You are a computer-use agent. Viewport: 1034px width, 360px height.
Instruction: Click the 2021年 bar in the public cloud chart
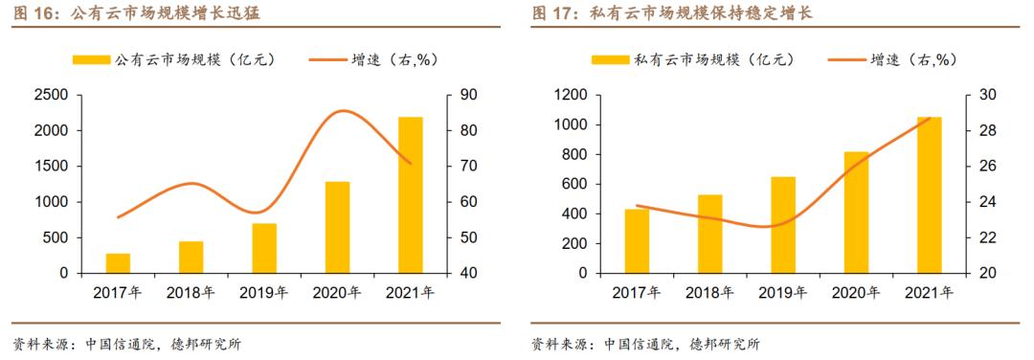point(411,195)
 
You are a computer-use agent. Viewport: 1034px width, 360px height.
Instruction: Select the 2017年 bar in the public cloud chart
point(118,263)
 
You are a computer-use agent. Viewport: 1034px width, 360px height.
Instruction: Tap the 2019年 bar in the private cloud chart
point(783,225)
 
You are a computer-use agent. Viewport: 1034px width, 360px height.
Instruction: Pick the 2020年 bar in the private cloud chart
point(856,213)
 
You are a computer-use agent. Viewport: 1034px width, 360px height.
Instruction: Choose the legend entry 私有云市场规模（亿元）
point(694,59)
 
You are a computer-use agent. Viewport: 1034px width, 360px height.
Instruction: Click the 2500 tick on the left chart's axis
point(50,95)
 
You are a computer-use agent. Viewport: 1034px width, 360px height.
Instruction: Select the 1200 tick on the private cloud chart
point(569,95)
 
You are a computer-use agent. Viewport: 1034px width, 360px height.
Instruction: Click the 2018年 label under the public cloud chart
point(191,293)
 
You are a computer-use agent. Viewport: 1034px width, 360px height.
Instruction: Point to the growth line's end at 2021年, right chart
point(930,119)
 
